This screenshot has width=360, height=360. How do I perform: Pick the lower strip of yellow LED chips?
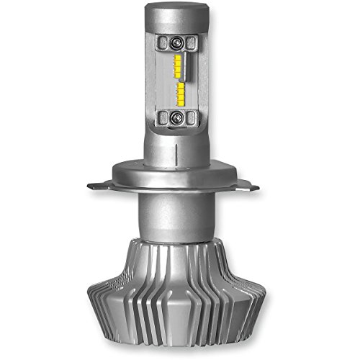pyautogui.click(x=180, y=93)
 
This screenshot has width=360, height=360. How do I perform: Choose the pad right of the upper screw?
pyautogui.click(x=191, y=42)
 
